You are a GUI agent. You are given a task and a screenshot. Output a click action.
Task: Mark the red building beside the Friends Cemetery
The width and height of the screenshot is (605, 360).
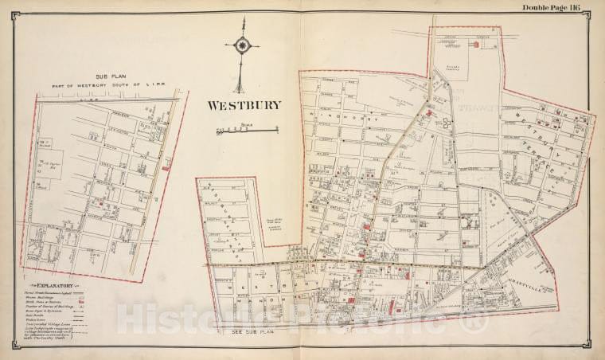pos(477,45)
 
